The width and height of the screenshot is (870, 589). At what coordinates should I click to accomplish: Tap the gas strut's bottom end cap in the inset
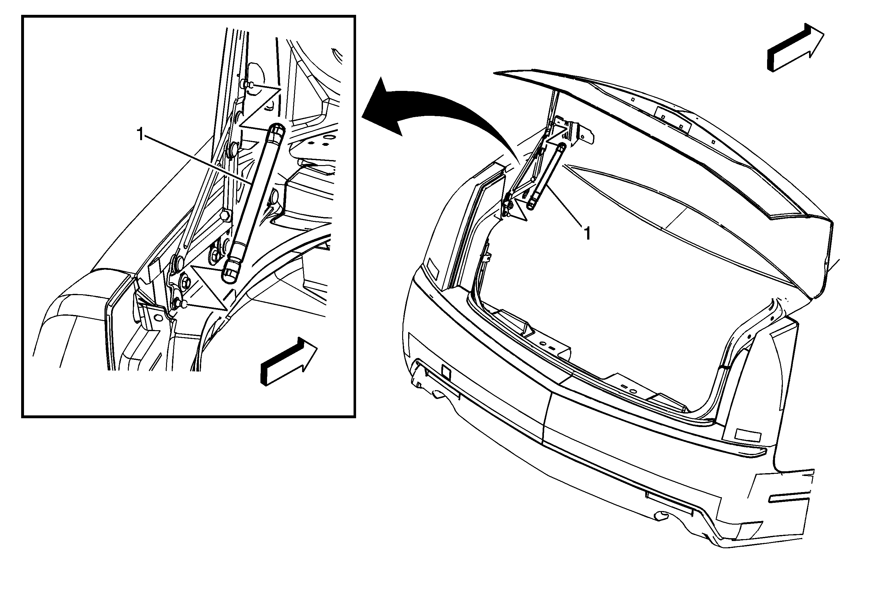point(231,271)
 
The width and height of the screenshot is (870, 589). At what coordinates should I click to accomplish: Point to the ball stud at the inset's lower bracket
point(183,304)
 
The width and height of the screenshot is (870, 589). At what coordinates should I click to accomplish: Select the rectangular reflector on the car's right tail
point(748,436)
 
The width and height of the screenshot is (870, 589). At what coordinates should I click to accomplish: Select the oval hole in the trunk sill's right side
point(633,391)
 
